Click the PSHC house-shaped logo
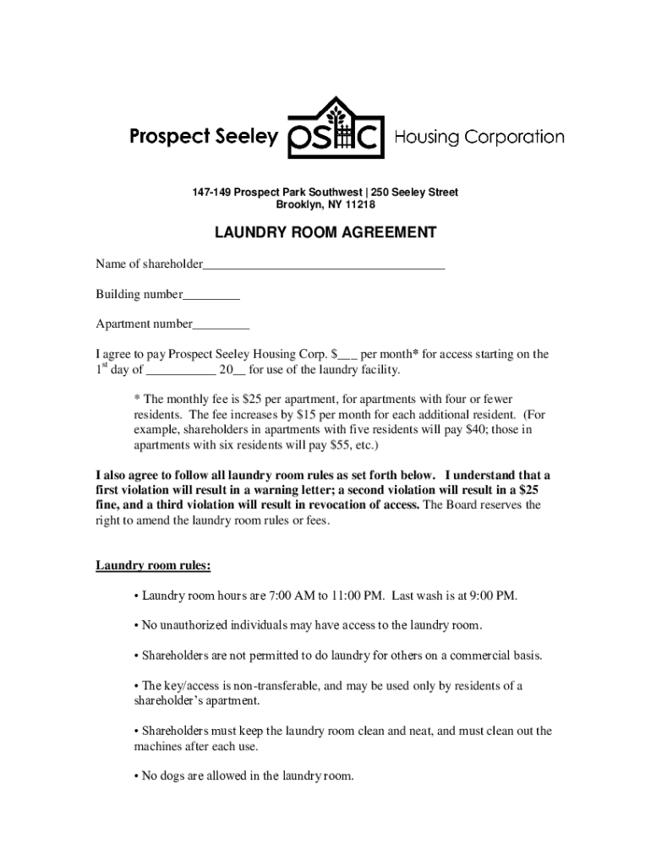336,128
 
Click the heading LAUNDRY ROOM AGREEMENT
325,232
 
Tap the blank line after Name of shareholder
324,266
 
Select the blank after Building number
211,296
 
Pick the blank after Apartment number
221,324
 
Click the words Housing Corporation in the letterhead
479,137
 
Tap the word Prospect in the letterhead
168,137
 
